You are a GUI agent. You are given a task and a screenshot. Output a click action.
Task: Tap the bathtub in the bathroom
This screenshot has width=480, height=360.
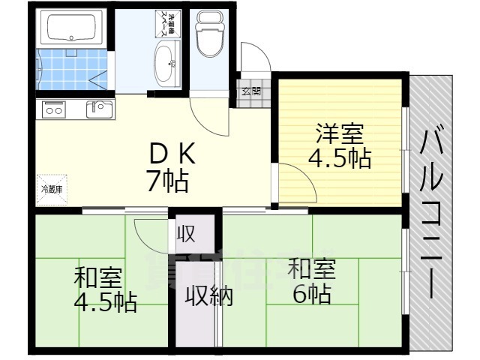tap(71, 28)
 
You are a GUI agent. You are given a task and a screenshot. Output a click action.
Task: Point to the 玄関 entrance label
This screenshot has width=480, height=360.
tap(251, 91)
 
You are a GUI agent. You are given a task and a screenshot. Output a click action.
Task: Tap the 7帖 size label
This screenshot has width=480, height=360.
tap(166, 181)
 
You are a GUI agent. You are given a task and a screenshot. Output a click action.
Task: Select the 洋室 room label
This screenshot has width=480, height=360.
tap(339, 135)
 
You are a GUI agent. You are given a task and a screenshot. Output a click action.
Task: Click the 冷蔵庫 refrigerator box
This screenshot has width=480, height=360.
tap(51, 189)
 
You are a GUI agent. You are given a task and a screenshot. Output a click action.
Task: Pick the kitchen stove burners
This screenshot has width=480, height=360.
tap(54, 109)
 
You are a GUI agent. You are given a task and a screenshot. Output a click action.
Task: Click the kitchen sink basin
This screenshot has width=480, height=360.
tap(98, 109)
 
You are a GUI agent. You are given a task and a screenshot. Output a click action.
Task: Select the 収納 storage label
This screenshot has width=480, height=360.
tap(209, 297)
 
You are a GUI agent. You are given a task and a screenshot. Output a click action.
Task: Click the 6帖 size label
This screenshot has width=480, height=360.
tap(311, 293)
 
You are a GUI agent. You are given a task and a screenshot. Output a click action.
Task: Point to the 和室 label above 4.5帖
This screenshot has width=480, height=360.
tap(97, 277)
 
